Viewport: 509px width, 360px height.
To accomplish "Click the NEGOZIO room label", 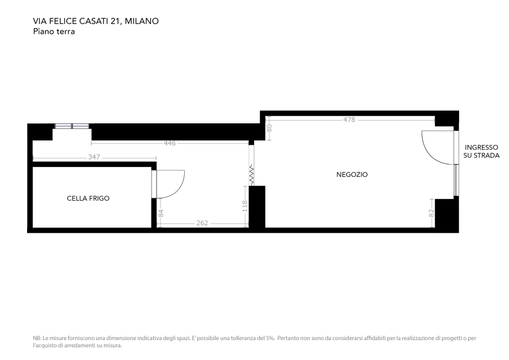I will pos(352,175).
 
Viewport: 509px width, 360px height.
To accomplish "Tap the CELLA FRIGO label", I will pos(88,198).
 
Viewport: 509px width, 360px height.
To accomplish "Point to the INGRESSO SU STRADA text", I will pos(481,152).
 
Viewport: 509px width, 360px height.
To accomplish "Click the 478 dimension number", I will pos(349,119).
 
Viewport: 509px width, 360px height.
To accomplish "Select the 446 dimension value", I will pos(170,143).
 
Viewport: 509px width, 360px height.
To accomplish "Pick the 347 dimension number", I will pos(94,158).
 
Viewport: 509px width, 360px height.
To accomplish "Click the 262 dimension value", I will pos(202,223).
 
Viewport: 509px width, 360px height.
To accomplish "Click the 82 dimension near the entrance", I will pos(432,212).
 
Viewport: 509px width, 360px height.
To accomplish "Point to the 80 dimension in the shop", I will pos(269,127).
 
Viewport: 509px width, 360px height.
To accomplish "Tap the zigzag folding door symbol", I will pos(252,175).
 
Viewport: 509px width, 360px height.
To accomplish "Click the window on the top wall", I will pos(72,126).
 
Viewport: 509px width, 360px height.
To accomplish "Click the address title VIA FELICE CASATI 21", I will pos(77,22).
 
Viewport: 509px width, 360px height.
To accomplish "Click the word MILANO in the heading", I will pos(142,22).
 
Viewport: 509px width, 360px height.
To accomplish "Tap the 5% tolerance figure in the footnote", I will pos(269,338).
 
